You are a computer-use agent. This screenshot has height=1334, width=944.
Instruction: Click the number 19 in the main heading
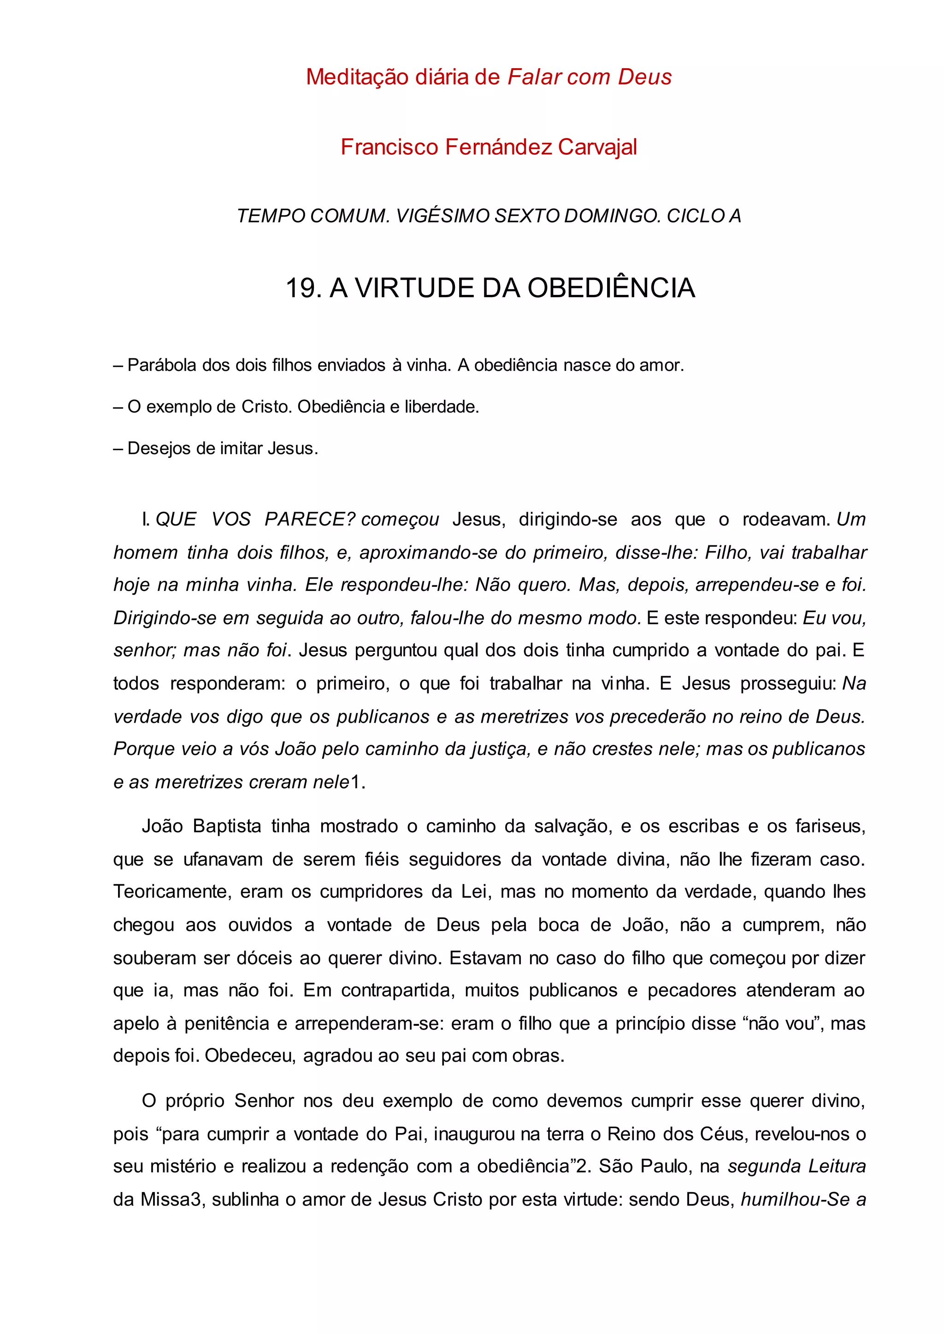301,288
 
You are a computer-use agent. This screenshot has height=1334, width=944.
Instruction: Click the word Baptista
227,826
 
